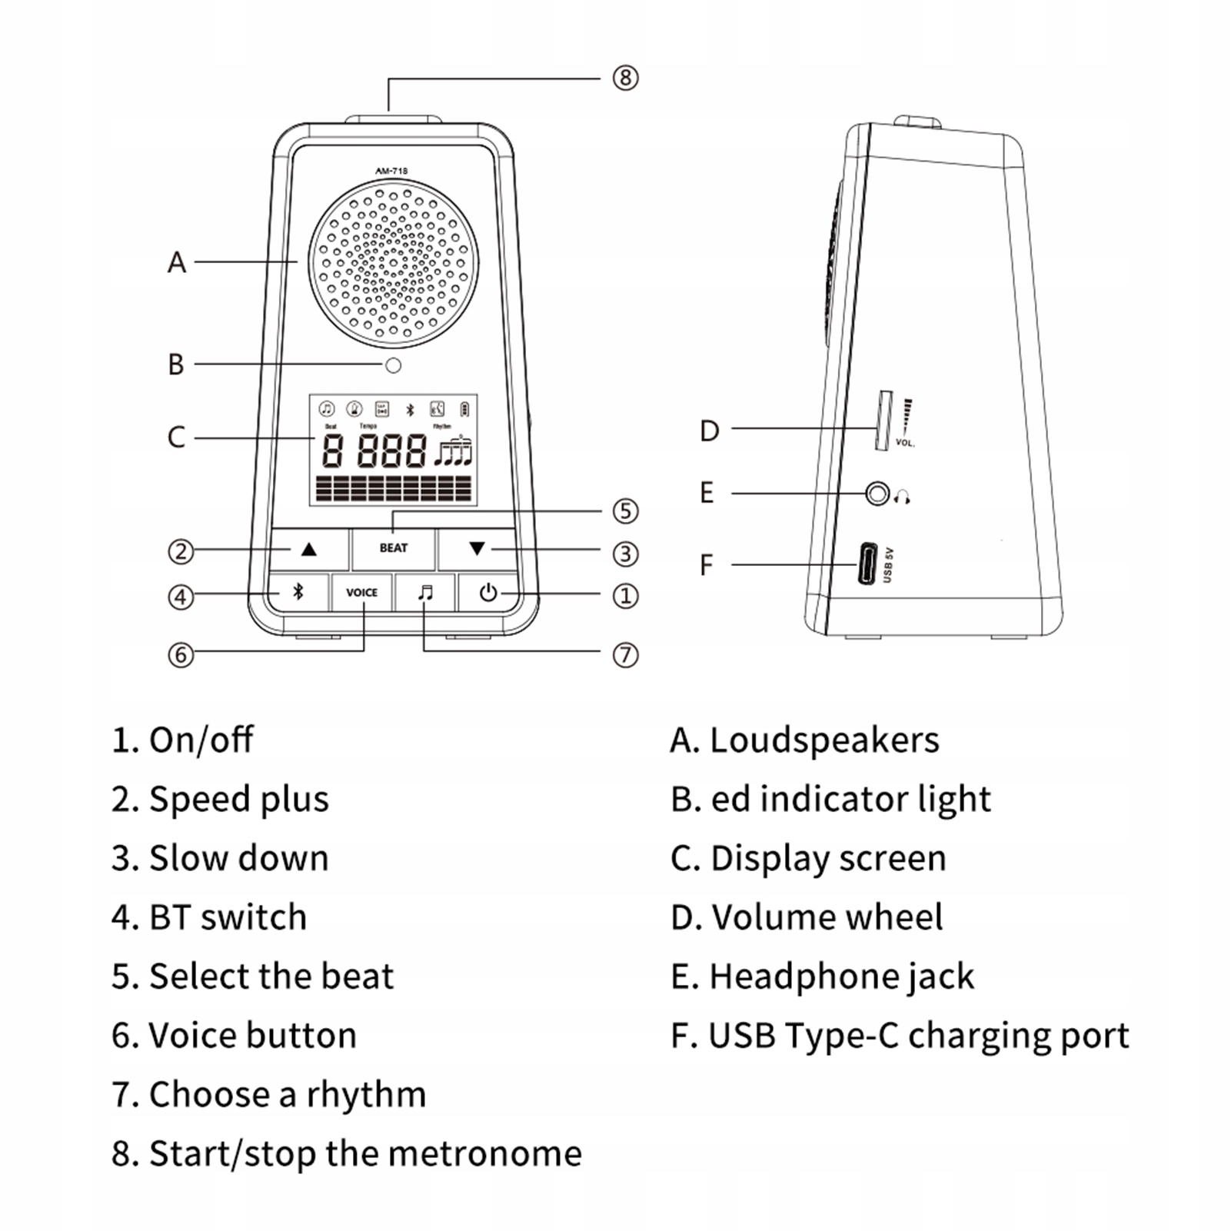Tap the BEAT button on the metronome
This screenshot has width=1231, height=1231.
pyautogui.click(x=393, y=548)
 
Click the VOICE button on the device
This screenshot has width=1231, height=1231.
pyautogui.click(x=361, y=593)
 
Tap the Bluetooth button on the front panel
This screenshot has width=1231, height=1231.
pyautogui.click(x=298, y=592)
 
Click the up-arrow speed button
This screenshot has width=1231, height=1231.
pyautogui.click(x=309, y=549)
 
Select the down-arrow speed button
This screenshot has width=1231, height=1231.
pyautogui.click(x=477, y=549)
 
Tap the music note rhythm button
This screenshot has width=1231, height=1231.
pyautogui.click(x=425, y=593)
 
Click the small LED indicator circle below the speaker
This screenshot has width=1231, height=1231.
pyautogui.click(x=393, y=365)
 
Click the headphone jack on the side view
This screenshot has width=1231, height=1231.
pyautogui.click(x=877, y=493)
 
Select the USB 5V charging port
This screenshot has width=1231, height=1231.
pyautogui.click(x=867, y=564)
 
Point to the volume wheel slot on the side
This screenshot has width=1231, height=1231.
pyautogui.click(x=883, y=421)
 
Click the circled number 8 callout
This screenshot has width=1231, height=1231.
pyautogui.click(x=625, y=78)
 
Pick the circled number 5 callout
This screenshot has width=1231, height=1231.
pyautogui.click(x=625, y=511)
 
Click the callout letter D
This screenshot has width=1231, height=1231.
pyautogui.click(x=709, y=431)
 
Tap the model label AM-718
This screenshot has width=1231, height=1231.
pyautogui.click(x=391, y=171)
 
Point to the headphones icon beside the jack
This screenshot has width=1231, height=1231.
pyautogui.click(x=903, y=497)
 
